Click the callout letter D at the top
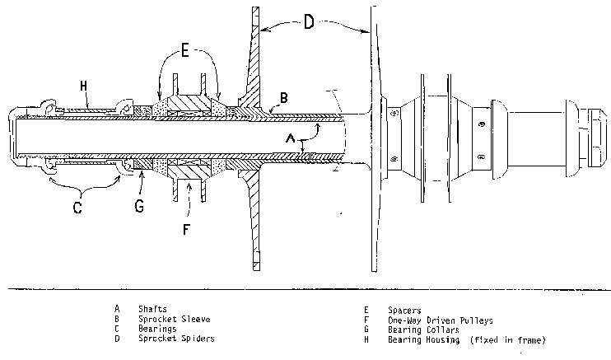pyautogui.click(x=309, y=21)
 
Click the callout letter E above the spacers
pyautogui.click(x=184, y=51)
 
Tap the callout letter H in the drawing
pyautogui.click(x=83, y=86)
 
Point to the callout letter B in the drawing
pyautogui.click(x=283, y=97)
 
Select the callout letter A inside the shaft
pyautogui.click(x=291, y=138)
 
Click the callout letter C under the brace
pyautogui.click(x=77, y=207)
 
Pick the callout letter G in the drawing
pyautogui.click(x=139, y=206)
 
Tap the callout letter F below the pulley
pyautogui.click(x=186, y=229)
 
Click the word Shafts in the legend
pyautogui.click(x=153, y=309)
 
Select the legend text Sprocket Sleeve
pyautogui.click(x=175, y=319)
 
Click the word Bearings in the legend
pyautogui.click(x=157, y=329)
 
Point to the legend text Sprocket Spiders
pyautogui.click(x=176, y=338)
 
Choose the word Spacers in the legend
pyautogui.click(x=404, y=311)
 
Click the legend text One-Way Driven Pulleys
pyautogui.click(x=441, y=320)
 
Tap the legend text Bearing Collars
pyautogui.click(x=423, y=330)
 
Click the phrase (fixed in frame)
pyautogui.click(x=508, y=339)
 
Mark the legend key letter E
pyautogui.click(x=366, y=310)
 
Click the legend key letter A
pyautogui.click(x=117, y=309)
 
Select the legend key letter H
pyautogui.click(x=366, y=339)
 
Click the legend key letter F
pyautogui.click(x=366, y=320)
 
